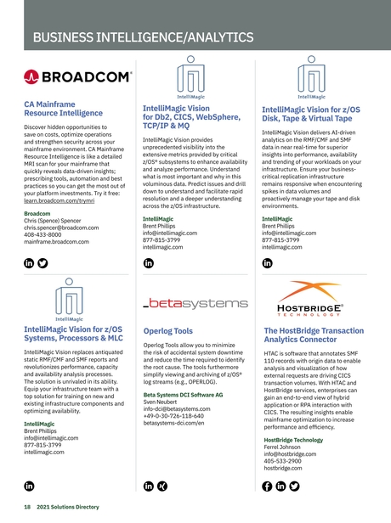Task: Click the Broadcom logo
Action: pyautogui.click(x=78, y=78)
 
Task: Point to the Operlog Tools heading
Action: pyautogui.click(x=168, y=331)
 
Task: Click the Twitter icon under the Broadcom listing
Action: pyautogui.click(x=44, y=263)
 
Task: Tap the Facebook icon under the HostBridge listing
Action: pyautogui.click(x=268, y=486)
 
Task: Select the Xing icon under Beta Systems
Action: pyautogui.click(x=163, y=486)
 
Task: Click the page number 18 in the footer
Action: pyautogui.click(x=27, y=507)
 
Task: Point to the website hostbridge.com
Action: pyautogui.click(x=288, y=467)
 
